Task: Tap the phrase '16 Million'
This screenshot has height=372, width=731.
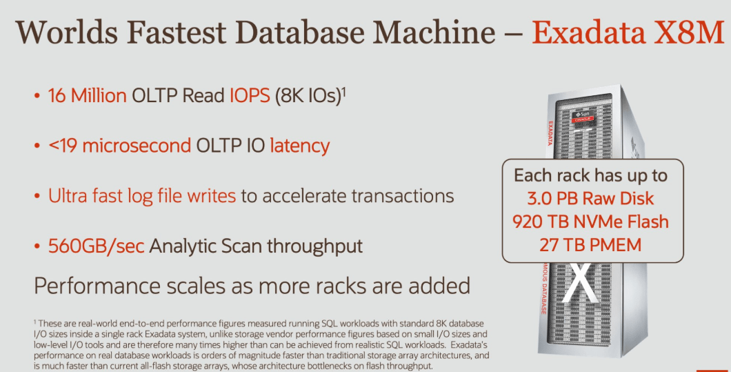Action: tap(88, 96)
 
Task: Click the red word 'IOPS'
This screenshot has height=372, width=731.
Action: tap(250, 96)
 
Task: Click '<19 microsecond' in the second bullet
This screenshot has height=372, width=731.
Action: tap(119, 146)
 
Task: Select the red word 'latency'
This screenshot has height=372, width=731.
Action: tap(300, 146)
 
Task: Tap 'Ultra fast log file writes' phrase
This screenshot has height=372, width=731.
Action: tap(142, 195)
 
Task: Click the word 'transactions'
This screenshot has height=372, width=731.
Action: tap(403, 195)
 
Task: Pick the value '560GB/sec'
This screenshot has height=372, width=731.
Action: tap(97, 245)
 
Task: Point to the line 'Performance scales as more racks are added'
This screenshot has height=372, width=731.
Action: tap(252, 284)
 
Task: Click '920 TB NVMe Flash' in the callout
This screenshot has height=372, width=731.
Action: tap(590, 222)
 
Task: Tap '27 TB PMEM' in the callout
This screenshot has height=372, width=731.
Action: tap(590, 244)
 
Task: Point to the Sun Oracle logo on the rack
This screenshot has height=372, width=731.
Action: tap(581, 116)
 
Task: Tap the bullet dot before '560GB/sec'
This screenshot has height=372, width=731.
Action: tap(38, 246)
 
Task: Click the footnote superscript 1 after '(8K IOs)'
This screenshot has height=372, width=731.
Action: tap(343, 90)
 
